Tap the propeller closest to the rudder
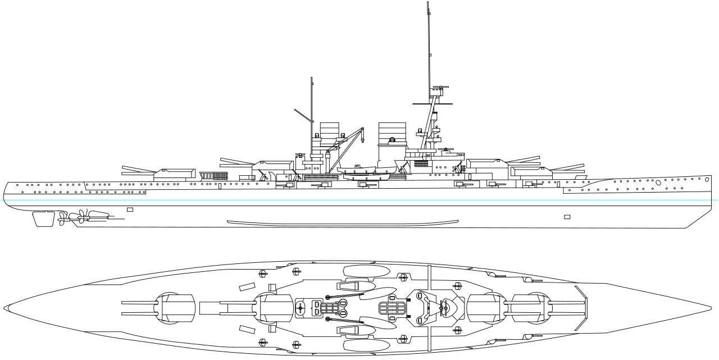[61, 218]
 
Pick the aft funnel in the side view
[330, 135]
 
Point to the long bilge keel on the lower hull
[343, 223]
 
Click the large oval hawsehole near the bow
[658, 183]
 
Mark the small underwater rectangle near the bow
[567, 217]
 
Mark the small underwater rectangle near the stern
[130, 209]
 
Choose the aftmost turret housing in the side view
[174, 174]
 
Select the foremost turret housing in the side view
[530, 171]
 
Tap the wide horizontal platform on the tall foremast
[433, 104]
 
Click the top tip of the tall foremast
[428, 3]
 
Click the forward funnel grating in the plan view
[392, 308]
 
